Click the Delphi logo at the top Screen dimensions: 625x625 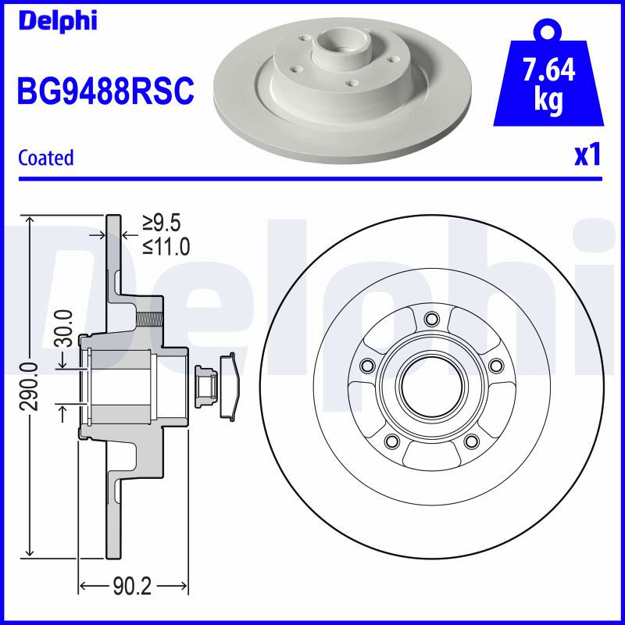pyautogui.click(x=58, y=20)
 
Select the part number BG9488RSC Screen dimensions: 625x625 pyautogui.click(x=105, y=91)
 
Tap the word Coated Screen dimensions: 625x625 pyautogui.click(x=46, y=158)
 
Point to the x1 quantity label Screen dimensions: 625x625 pyautogui.click(x=587, y=155)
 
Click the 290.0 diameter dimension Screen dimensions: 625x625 pyautogui.click(x=30, y=386)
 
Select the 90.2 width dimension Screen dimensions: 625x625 pyautogui.click(x=132, y=586)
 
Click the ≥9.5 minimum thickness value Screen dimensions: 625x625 pyautogui.click(x=162, y=223)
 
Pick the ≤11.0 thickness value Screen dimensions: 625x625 pyautogui.click(x=166, y=247)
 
